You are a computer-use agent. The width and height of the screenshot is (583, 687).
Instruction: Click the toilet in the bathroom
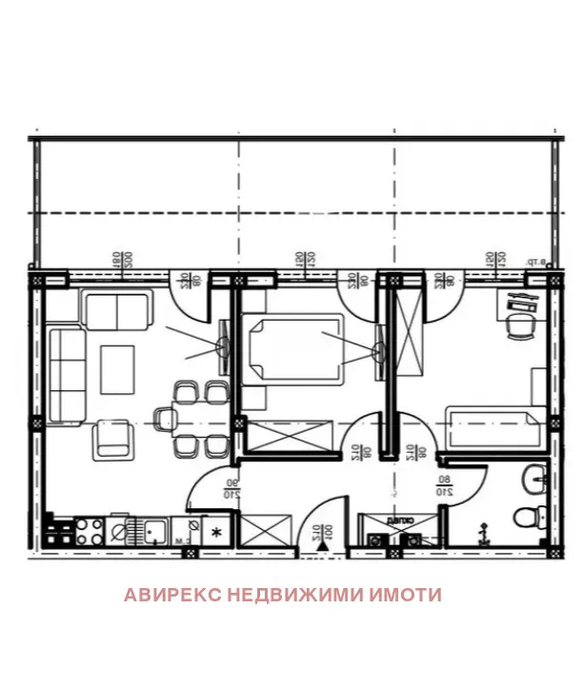point(525,519)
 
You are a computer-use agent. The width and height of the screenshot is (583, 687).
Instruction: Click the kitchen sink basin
point(150,528)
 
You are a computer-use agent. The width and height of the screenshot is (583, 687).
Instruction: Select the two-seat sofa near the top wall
point(116,310)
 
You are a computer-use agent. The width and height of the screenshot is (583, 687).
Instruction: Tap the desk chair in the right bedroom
point(520,326)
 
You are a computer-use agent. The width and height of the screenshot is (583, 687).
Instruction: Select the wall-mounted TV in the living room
point(224,347)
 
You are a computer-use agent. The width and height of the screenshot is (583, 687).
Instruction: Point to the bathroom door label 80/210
point(444,487)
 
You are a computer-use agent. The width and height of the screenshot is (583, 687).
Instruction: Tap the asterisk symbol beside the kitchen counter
point(216,531)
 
